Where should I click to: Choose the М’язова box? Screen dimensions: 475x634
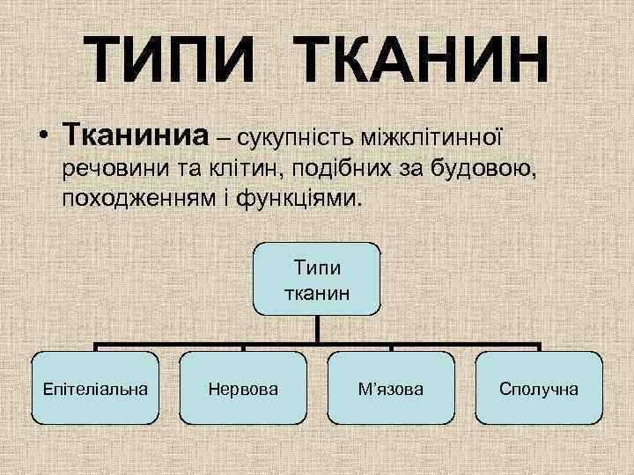point(391,388)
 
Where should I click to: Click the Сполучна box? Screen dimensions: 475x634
point(539,388)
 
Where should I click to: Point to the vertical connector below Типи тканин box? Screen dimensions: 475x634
point(318,329)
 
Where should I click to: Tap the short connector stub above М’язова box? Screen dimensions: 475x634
point(391,347)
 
